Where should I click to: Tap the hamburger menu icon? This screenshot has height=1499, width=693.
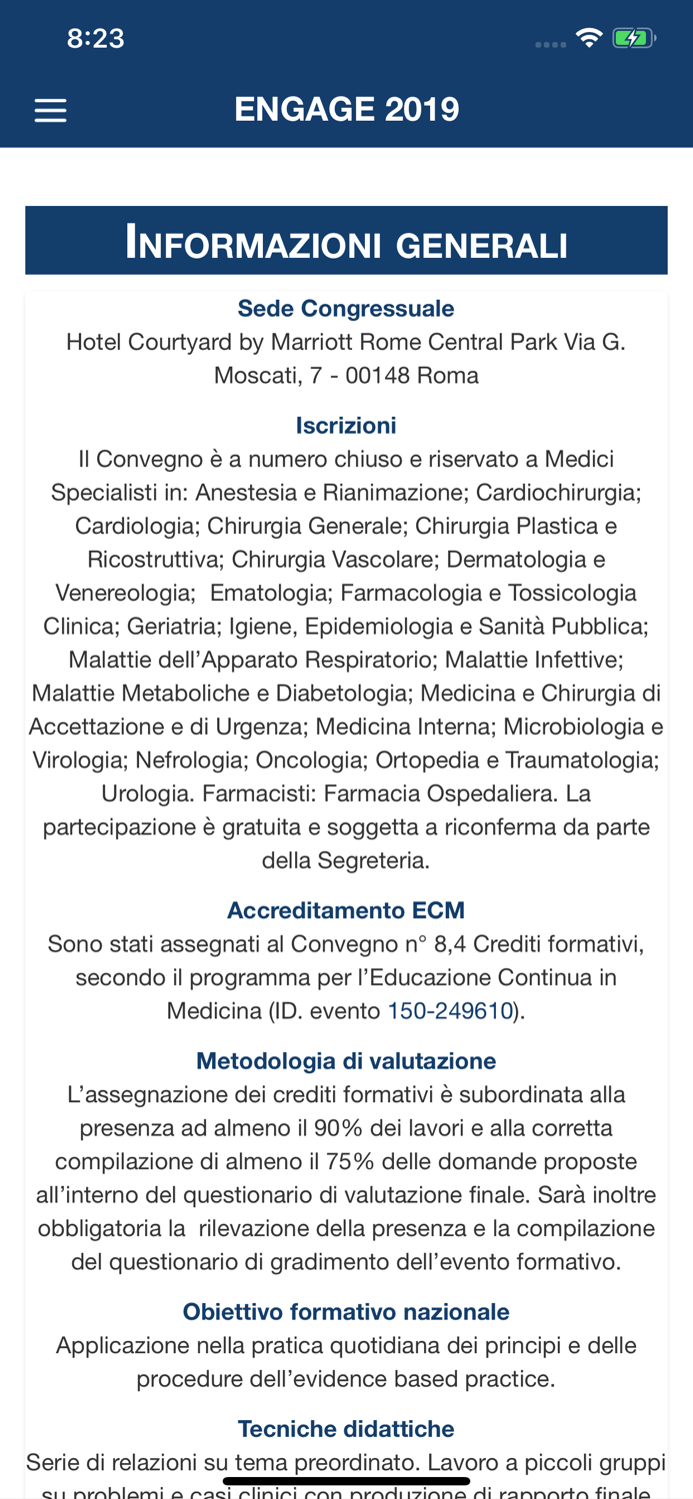click(50, 110)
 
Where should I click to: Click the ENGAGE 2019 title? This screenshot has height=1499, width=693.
click(347, 109)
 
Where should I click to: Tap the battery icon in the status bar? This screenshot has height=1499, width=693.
click(633, 39)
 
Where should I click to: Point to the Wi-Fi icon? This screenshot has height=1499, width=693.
click(589, 38)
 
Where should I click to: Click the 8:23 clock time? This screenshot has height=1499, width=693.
click(95, 39)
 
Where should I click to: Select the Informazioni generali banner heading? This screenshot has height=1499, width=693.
click(346, 243)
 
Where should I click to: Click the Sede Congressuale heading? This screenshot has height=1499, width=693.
click(346, 309)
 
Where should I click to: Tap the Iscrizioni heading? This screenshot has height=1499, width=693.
click(346, 426)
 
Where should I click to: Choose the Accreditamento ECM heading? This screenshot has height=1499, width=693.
click(346, 910)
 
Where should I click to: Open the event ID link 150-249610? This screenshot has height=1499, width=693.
click(450, 1010)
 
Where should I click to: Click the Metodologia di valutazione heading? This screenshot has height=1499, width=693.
click(346, 1060)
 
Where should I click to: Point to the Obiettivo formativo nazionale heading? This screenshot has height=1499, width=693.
click(346, 1311)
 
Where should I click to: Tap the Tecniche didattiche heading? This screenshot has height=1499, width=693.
click(346, 1429)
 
